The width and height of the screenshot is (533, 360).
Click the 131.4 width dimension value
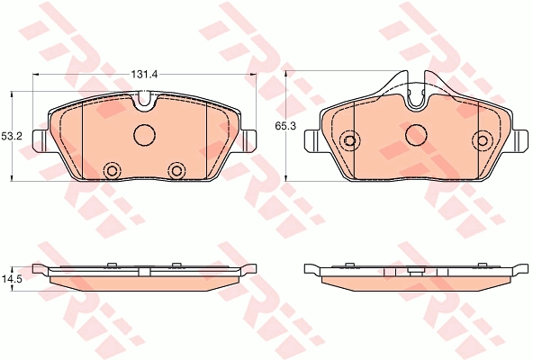(145, 74)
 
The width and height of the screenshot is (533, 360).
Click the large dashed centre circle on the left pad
(144, 135)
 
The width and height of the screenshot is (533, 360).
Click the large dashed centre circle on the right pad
(416, 134)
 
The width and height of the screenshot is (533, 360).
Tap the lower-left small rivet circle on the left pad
(112, 170)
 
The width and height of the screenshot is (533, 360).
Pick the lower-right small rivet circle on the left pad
(176, 170)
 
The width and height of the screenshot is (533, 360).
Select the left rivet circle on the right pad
(349, 139)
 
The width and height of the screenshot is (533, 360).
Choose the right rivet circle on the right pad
(483, 139)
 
